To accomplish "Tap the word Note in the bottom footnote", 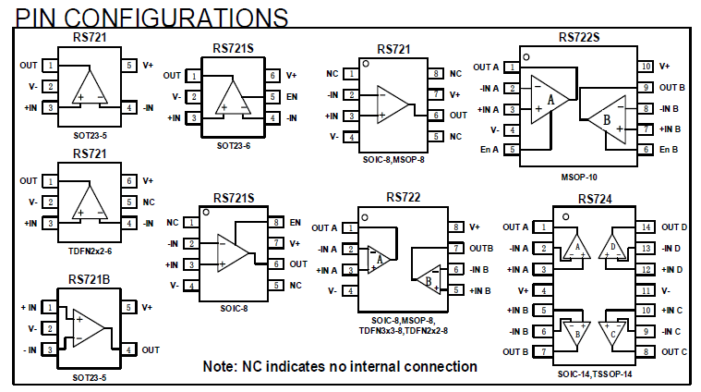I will [x=220, y=366].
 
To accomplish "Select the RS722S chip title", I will [x=580, y=38].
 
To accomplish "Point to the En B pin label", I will [x=670, y=150].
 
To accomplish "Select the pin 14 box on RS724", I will [x=646, y=227].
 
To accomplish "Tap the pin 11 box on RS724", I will [x=646, y=289].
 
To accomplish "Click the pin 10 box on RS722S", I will [x=646, y=67].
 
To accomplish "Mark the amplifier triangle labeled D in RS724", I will [x=612, y=247].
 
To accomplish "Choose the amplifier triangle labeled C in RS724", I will [x=612, y=331].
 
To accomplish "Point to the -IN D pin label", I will [x=671, y=248].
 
